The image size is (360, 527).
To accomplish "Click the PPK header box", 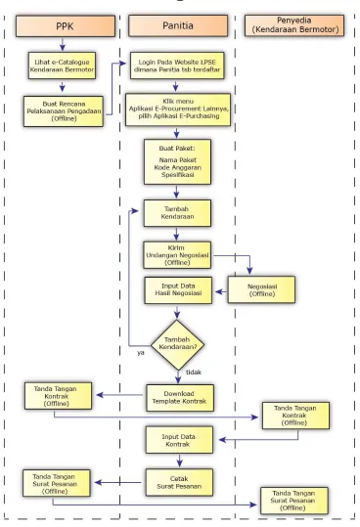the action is click(66, 25).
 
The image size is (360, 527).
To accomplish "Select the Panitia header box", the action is click(178, 25).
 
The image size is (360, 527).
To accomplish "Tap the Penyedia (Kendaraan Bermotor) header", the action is click(294, 25).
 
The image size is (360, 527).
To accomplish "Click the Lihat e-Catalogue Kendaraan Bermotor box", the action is click(62, 66).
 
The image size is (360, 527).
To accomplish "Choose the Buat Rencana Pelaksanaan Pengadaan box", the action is click(64, 111).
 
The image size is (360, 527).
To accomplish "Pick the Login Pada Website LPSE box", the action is click(177, 66).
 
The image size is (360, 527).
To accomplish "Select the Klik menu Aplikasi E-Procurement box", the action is click(178, 110).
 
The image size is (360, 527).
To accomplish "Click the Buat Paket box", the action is click(177, 162).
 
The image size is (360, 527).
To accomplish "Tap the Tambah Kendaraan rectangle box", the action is click(177, 213).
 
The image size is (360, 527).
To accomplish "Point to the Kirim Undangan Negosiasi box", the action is click(177, 255).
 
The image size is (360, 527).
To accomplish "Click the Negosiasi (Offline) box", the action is click(261, 289).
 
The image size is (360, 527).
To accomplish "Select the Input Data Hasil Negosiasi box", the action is click(178, 290).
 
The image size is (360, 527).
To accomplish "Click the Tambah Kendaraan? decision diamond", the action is click(177, 345).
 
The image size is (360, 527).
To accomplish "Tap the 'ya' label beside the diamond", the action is click(141, 353).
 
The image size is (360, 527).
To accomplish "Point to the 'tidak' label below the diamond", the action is click(194, 373).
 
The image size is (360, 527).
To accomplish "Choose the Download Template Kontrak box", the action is click(180, 398).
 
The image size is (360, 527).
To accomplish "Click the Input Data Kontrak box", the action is click(179, 440).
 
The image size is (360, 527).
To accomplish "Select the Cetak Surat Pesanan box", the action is click(179, 482).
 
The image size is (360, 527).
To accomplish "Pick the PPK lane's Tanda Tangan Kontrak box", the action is click(58, 396).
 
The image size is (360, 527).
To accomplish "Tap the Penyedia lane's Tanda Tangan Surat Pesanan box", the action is click(294, 501).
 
